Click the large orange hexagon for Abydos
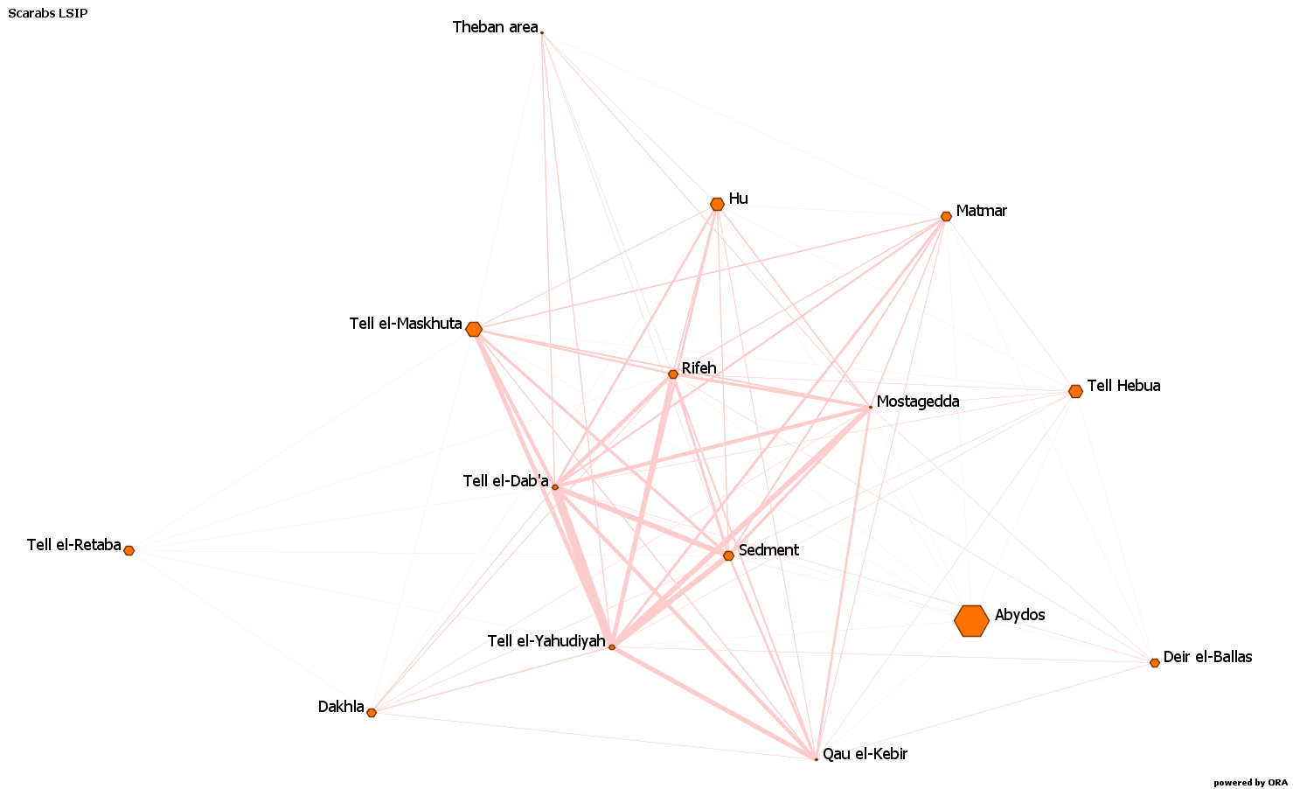(971, 621)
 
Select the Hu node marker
(717, 204)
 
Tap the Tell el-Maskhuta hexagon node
(473, 329)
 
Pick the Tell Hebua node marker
(1075, 391)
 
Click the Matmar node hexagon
(946, 217)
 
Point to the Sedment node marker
(728, 555)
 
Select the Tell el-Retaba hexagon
(129, 550)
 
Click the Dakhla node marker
(372, 713)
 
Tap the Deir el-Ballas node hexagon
(1155, 663)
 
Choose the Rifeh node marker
(673, 374)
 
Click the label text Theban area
(496, 27)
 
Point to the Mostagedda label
(918, 401)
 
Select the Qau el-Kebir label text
(865, 754)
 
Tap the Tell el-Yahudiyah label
(546, 641)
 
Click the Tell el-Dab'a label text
(505, 481)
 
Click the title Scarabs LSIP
(48, 13)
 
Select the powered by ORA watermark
(1249, 783)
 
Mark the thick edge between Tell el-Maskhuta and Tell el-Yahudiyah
(543, 488)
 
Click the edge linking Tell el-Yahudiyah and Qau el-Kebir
(714, 703)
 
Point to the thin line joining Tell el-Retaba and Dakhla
(250, 632)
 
